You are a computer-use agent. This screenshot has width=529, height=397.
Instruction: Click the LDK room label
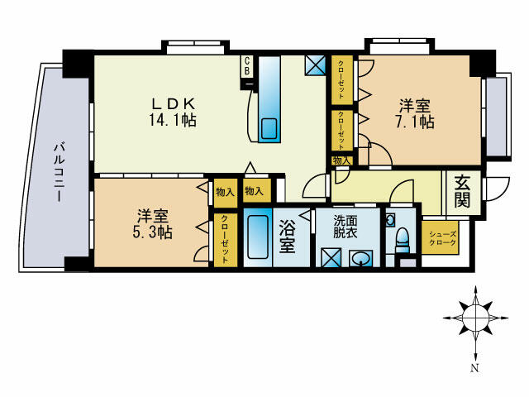pyautogui.click(x=172, y=103)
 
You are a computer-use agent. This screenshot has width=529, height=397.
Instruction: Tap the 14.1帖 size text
pyautogui.click(x=173, y=120)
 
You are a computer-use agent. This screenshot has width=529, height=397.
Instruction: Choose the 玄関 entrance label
pyautogui.click(x=460, y=192)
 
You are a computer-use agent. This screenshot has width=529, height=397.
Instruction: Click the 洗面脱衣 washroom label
pyautogui.click(x=346, y=227)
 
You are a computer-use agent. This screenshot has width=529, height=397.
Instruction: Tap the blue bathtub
pyautogui.click(x=259, y=240)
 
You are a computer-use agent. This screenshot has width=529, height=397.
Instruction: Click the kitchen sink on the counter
pyautogui.click(x=269, y=129)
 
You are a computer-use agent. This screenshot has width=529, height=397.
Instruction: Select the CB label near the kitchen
pyautogui.click(x=246, y=67)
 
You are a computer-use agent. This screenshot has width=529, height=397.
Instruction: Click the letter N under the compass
pyautogui.click(x=474, y=368)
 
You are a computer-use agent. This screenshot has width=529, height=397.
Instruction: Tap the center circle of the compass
pyautogui.click(x=474, y=314)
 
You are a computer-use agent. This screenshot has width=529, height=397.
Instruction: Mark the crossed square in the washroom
pyautogui.click(x=332, y=257)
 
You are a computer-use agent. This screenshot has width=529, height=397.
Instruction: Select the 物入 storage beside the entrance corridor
pyautogui.click(x=341, y=160)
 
